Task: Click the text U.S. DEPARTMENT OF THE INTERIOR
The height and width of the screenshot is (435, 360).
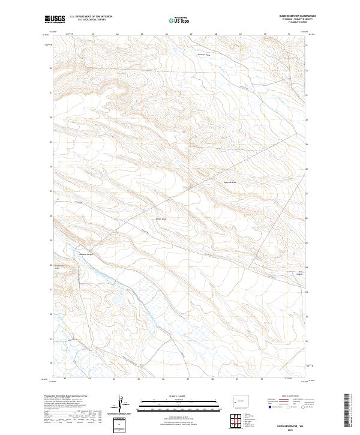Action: coord(91,17)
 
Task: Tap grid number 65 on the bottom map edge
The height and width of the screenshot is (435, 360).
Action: coord(139,379)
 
